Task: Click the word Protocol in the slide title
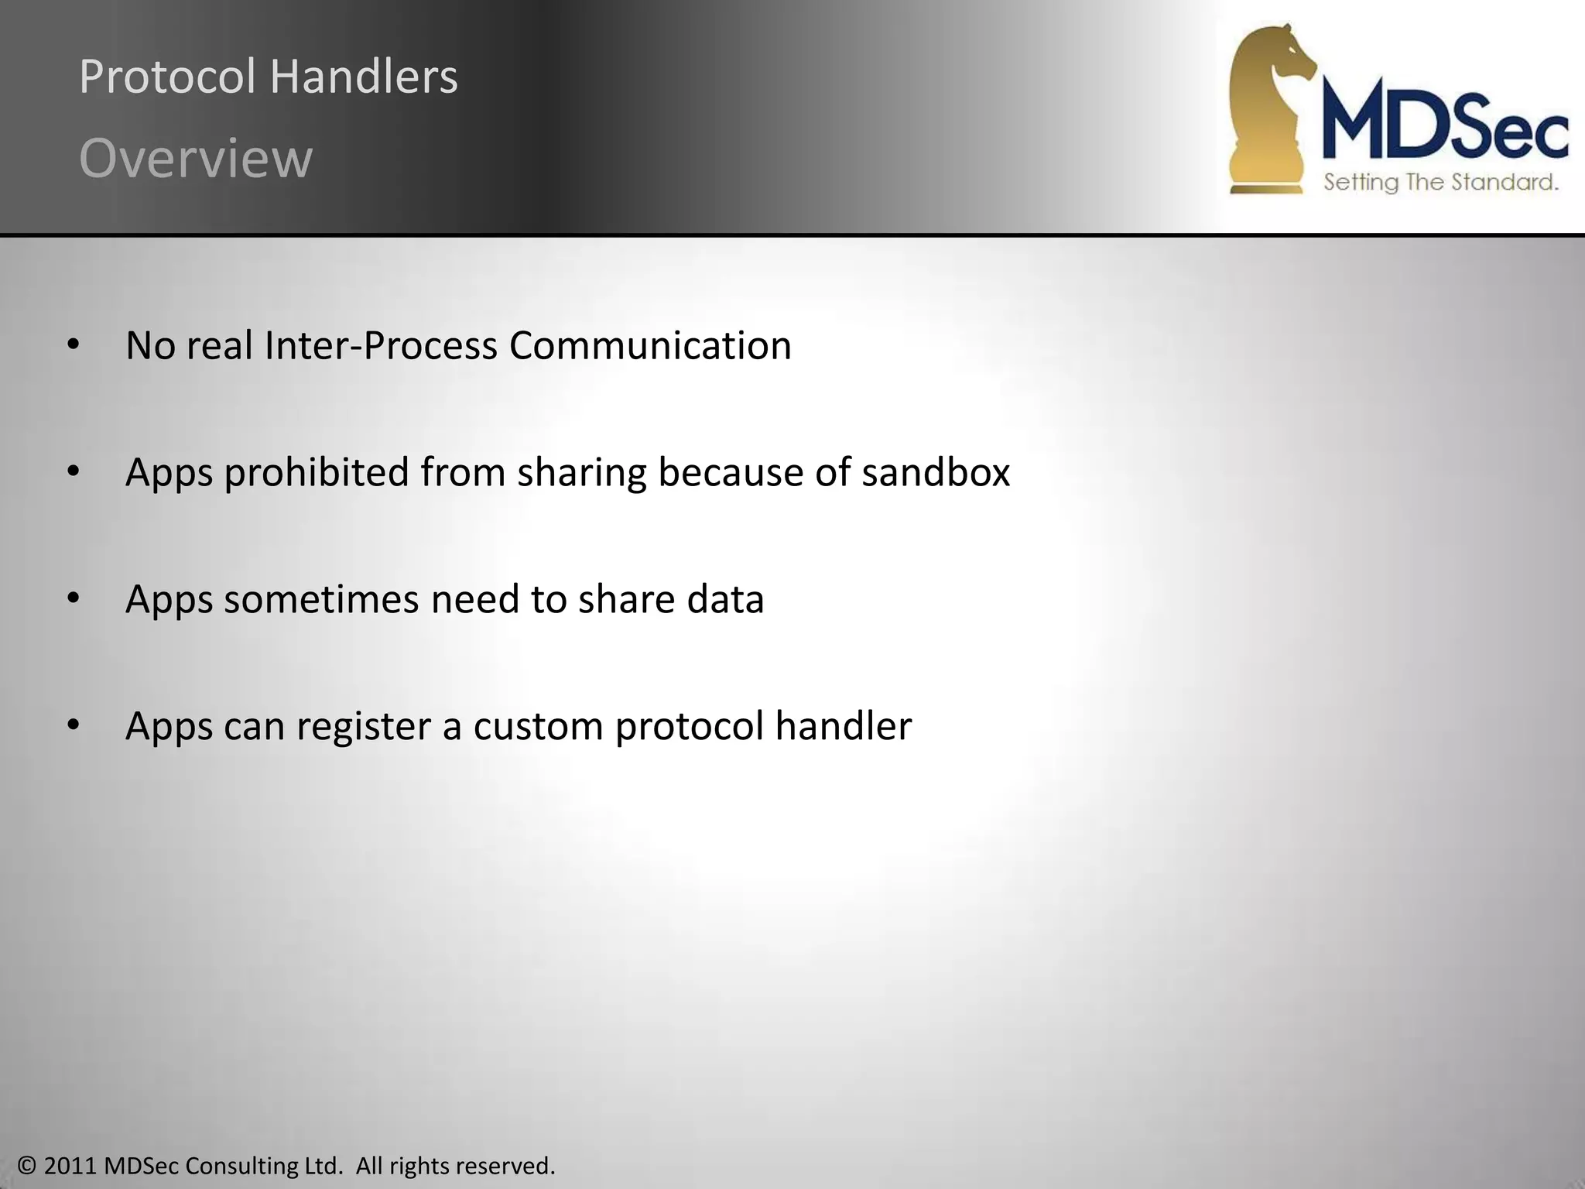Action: click(167, 77)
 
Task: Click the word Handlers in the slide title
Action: click(364, 77)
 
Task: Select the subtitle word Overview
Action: click(196, 159)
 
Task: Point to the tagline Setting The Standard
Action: click(1440, 183)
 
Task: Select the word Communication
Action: click(650, 345)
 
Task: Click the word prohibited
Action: click(316, 472)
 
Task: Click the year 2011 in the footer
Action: click(70, 1166)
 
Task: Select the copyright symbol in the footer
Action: click(27, 1166)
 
